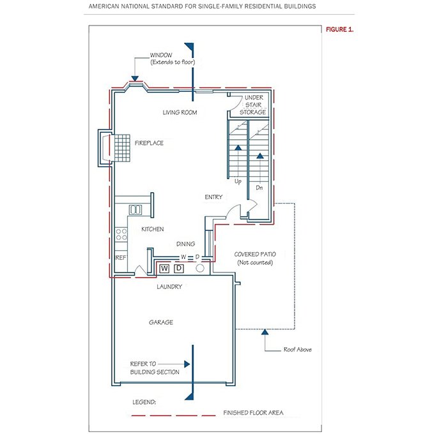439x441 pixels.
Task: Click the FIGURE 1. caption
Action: point(339,29)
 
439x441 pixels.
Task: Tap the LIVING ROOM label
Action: point(180,112)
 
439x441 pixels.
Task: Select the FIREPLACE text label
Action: point(149,143)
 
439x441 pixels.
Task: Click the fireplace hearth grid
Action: point(123,148)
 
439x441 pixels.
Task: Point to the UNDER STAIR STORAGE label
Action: point(253,105)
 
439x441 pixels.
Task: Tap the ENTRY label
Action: point(213,197)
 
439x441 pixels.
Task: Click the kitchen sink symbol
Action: point(135,209)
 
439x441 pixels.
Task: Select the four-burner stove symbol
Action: point(121,235)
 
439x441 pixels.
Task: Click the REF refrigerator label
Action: point(121,258)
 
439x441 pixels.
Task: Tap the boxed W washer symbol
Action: point(164,269)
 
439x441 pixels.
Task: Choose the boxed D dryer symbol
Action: point(179,268)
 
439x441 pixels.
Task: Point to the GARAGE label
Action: point(161,322)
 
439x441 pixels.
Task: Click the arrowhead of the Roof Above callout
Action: point(265,332)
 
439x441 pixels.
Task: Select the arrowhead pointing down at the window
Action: point(135,78)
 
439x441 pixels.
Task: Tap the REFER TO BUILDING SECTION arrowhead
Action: point(187,364)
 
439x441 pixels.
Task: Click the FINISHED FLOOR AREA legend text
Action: point(254,413)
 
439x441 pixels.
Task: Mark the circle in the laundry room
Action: point(200,268)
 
